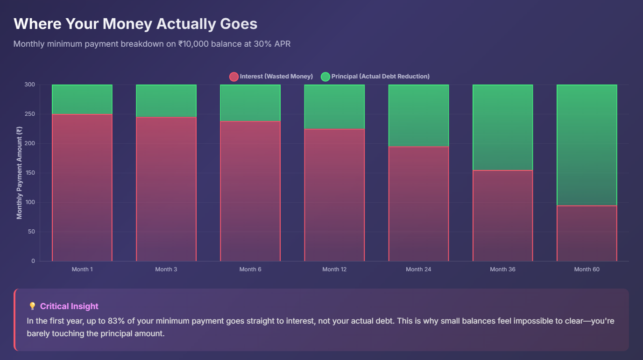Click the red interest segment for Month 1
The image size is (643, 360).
82,187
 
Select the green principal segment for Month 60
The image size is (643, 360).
586,145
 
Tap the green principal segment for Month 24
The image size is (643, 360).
418,115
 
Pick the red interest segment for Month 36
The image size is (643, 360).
502,215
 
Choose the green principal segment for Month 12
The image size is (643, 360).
334,106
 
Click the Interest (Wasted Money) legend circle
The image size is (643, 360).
233,77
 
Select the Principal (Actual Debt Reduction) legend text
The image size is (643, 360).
380,76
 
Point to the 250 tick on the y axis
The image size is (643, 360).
29,114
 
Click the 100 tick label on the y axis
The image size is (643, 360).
29,202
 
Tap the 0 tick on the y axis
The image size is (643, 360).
33,261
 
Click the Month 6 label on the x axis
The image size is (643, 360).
250,269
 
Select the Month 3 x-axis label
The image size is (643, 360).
166,269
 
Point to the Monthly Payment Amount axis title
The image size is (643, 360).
19,173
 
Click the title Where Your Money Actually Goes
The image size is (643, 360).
135,24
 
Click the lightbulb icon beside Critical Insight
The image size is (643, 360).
32,306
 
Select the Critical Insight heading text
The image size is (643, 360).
69,306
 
